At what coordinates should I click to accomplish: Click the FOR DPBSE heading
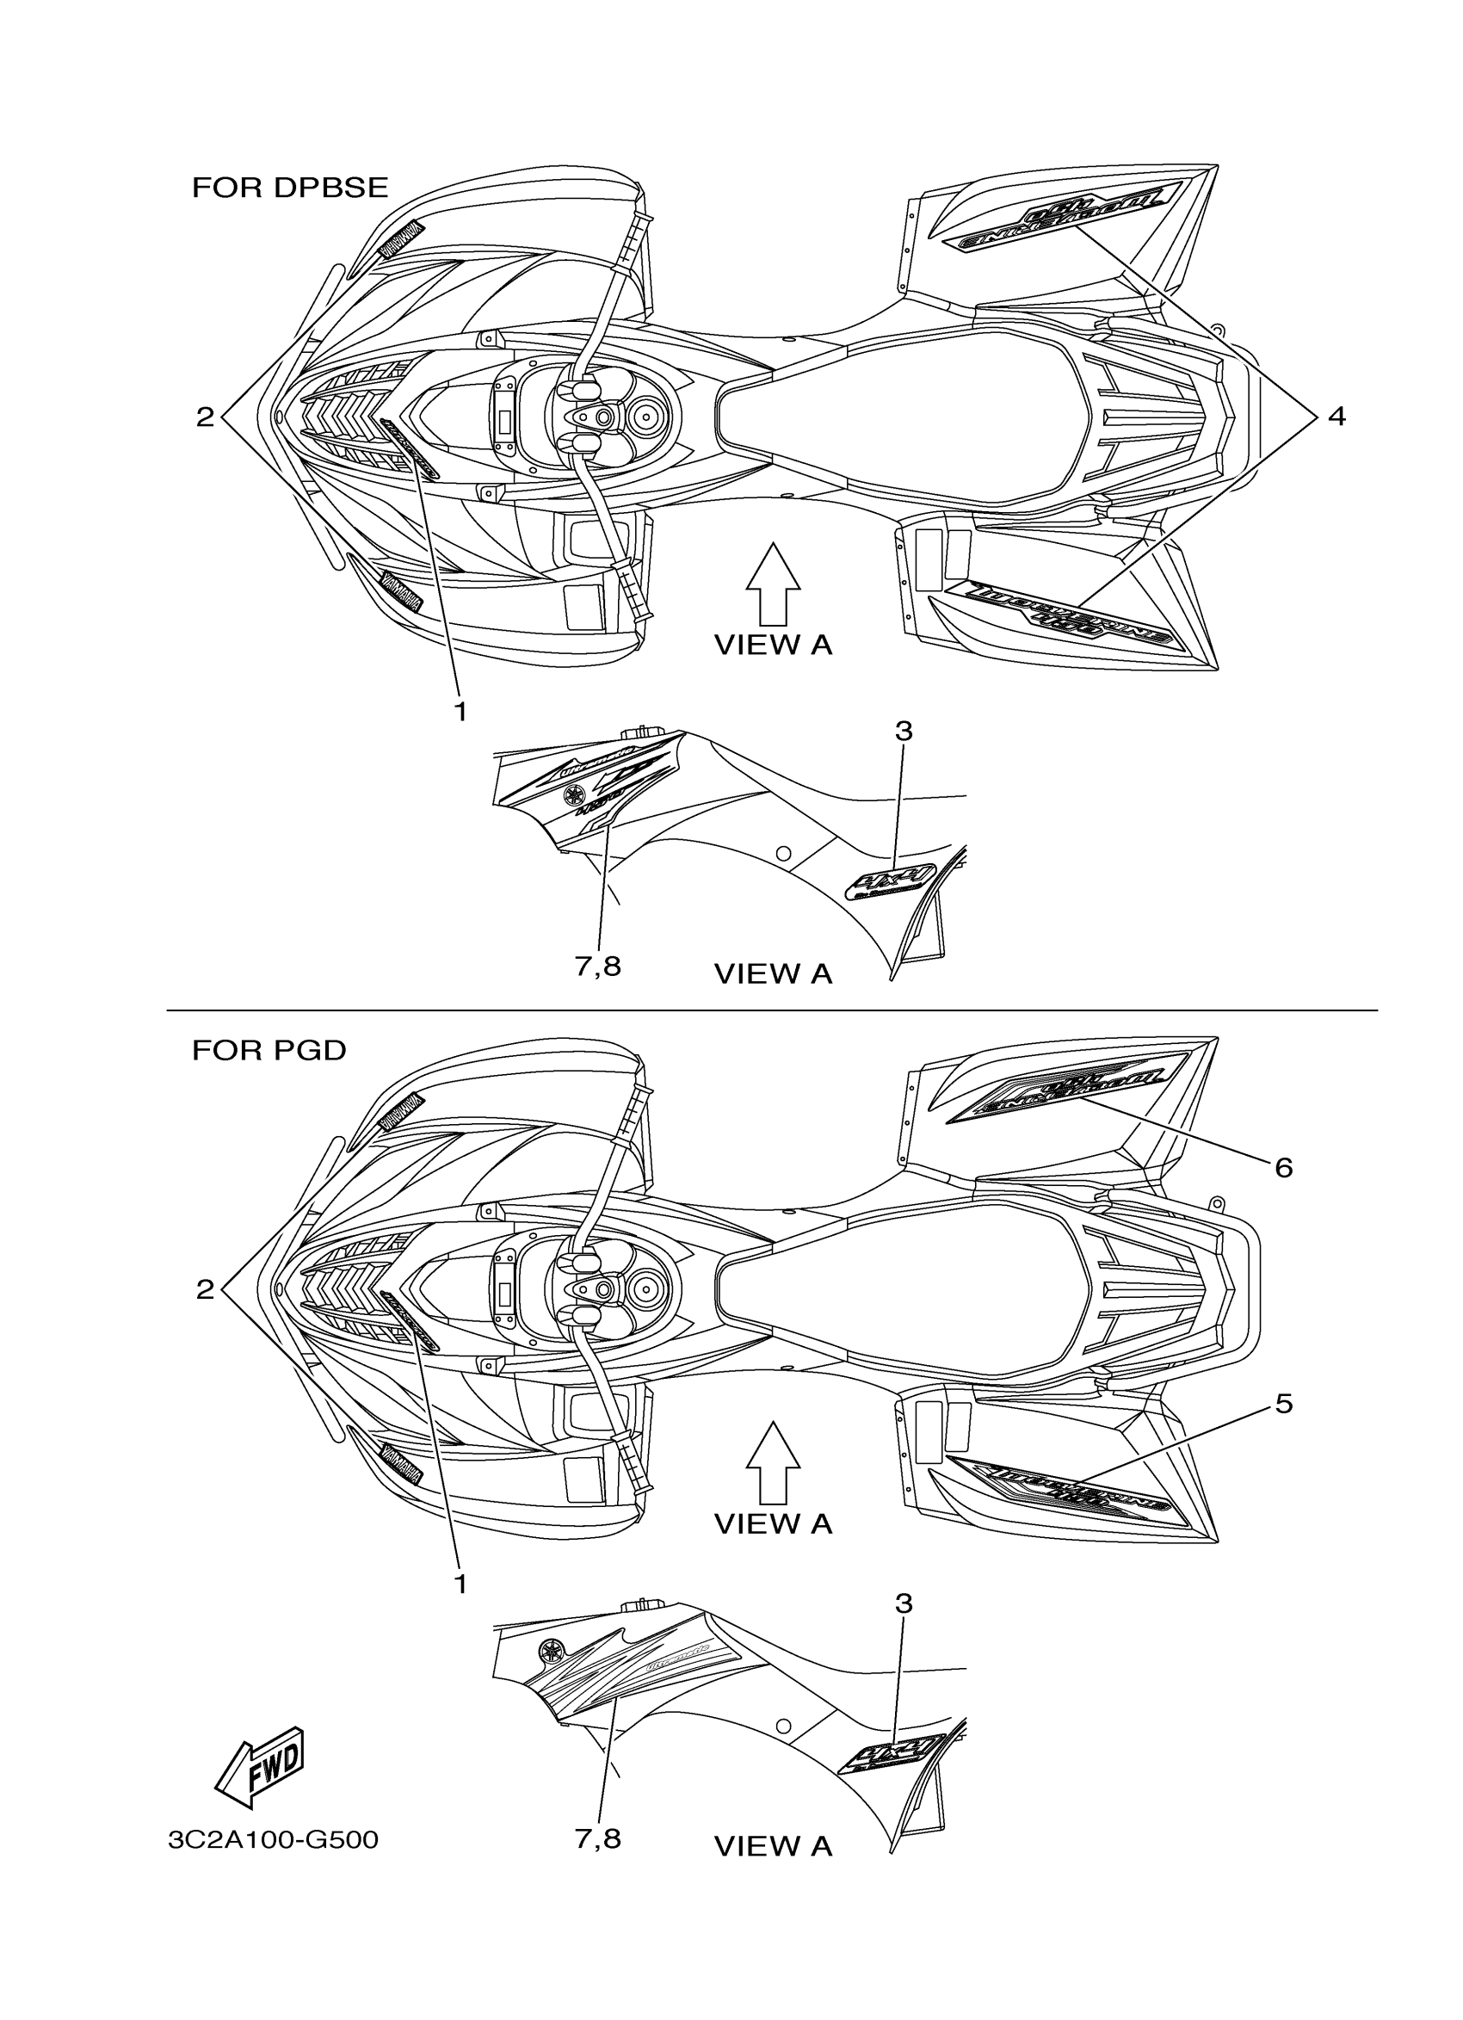pos(290,188)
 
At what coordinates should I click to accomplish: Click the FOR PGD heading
pos(269,1051)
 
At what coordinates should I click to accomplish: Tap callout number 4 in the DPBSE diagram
pos(1336,416)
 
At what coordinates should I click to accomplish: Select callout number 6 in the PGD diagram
pos(1283,1167)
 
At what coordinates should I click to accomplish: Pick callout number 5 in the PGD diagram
pos(1283,1405)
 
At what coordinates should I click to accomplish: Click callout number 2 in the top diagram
pos(206,417)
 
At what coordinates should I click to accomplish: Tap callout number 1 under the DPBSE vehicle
pos(460,712)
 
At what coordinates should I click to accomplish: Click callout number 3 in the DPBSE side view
pos(903,732)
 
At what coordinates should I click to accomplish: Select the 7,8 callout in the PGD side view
pos(597,1838)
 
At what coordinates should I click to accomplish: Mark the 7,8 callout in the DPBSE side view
pos(597,967)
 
